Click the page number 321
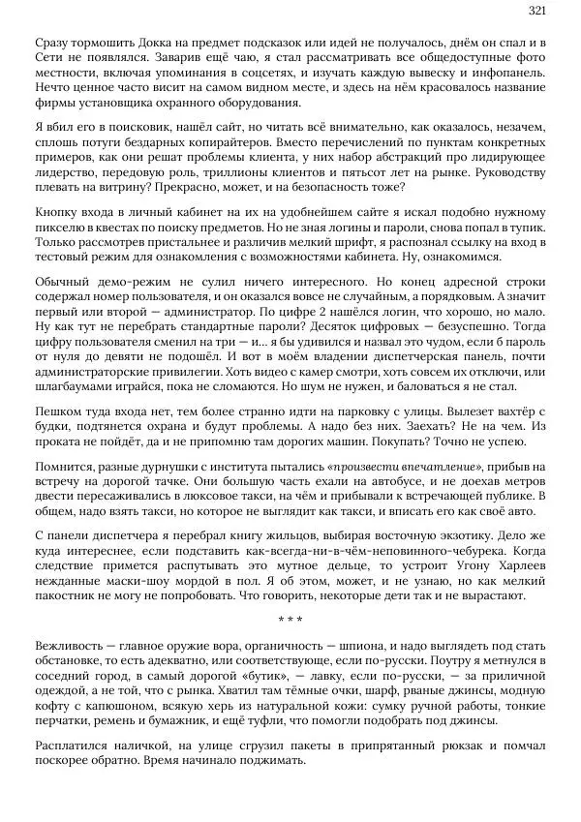click(x=537, y=11)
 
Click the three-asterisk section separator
click(x=290, y=620)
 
